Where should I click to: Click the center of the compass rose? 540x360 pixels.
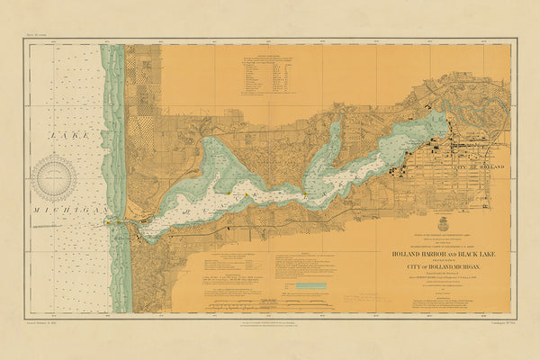tap(53, 177)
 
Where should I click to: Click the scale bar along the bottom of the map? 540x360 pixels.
tap(270, 306)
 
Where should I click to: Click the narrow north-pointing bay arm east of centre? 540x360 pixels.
tap(332, 144)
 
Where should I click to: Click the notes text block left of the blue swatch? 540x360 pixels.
tap(243, 270)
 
